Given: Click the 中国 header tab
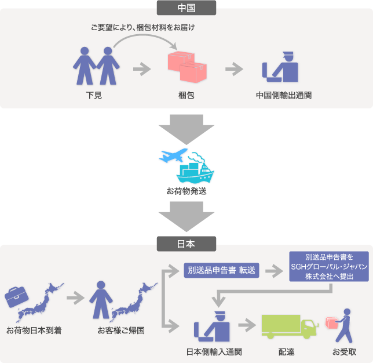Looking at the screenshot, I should pos(186,8).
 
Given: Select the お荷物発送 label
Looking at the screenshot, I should pos(186,192).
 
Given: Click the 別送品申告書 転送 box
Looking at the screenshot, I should pos(222,270).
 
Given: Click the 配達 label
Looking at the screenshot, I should pos(288,351).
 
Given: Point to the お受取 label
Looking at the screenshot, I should pos(344,351).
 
